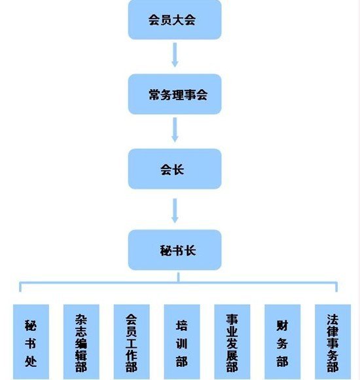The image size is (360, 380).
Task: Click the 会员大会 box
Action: pos(175,20)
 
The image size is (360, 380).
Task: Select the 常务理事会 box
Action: pos(175,94)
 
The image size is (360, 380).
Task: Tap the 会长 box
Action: pos(175,169)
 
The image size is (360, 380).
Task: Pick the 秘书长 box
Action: pos(175,250)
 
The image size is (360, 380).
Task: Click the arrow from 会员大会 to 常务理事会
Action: pos(175,55)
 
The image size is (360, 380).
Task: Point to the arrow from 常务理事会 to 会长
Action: pos(175,130)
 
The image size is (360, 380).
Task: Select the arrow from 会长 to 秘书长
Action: pos(175,211)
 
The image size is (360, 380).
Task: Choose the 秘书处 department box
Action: pos(31,342)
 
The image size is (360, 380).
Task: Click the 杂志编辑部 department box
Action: pos(81,342)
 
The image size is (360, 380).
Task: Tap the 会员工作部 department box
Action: pos(132,342)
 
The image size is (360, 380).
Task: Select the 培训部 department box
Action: pos(182,342)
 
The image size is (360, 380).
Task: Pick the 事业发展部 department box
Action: pos(232,342)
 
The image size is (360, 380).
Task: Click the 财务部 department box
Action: pos(283,342)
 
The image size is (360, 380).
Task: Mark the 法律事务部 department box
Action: pos(333,342)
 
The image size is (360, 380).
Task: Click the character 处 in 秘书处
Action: pos(31,362)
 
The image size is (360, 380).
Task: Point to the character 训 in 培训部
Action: pos(182,344)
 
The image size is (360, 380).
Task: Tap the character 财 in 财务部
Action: pos(282,326)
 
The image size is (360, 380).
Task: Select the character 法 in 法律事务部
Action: pos(333,320)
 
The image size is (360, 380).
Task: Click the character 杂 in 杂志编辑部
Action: pos(81,320)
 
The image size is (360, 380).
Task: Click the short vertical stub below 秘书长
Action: pos(179,277)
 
